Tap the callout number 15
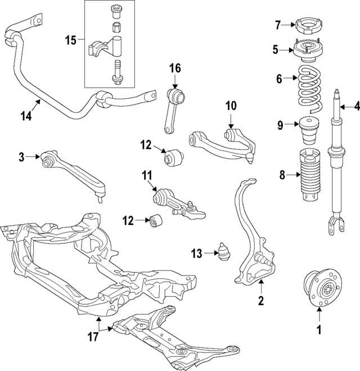click(x=70, y=40)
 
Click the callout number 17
click(x=93, y=337)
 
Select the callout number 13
click(x=196, y=255)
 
